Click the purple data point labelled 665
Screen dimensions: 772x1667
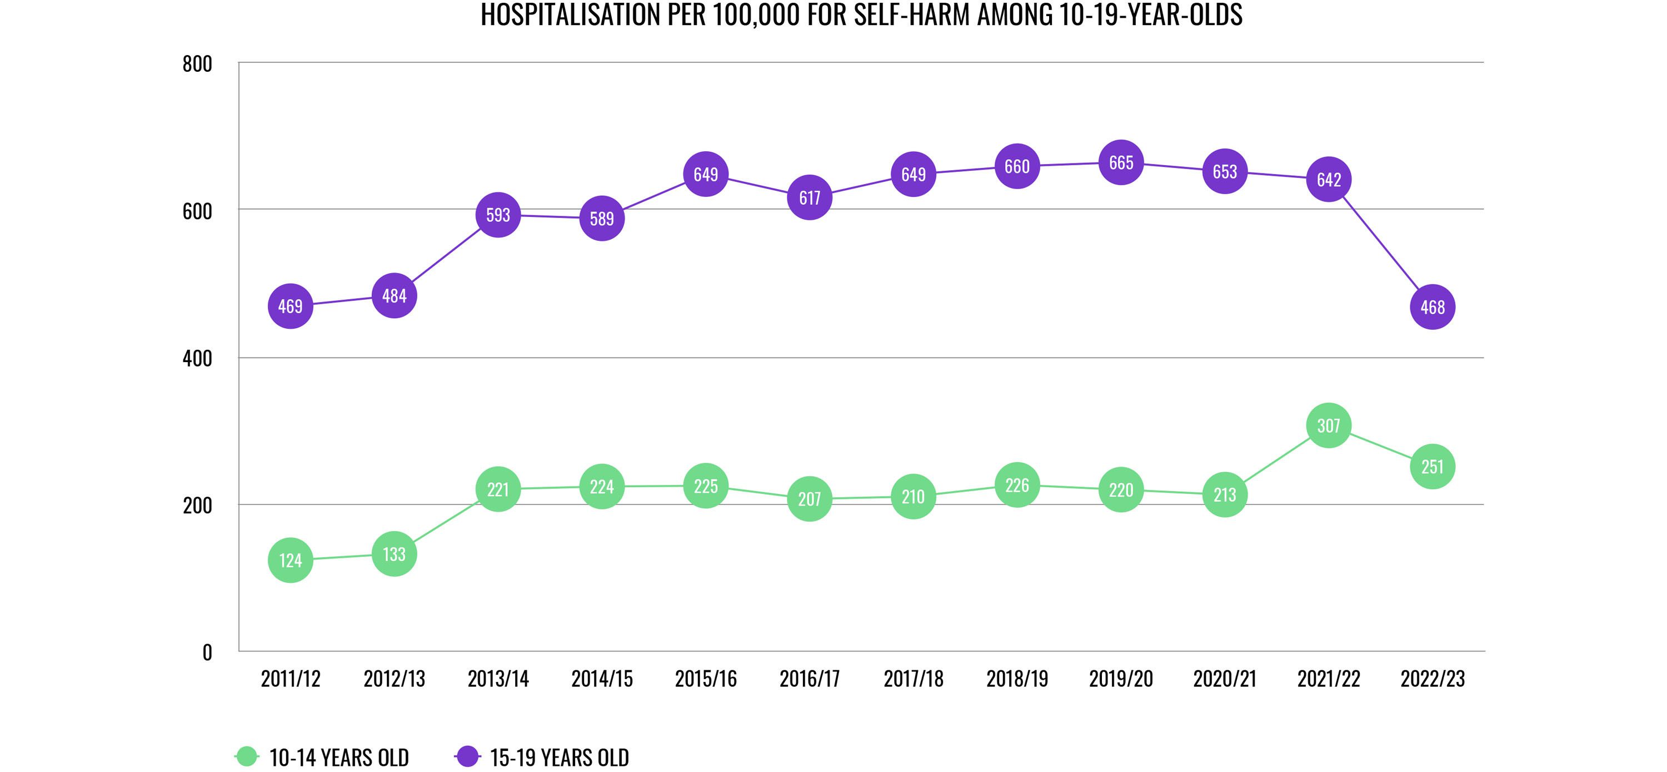click(1121, 162)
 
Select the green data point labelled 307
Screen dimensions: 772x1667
click(1329, 425)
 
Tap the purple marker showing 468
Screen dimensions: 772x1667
click(1432, 307)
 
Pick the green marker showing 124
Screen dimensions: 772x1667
click(291, 560)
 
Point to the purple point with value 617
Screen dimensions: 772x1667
click(810, 197)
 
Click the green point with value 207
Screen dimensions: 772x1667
click(810, 499)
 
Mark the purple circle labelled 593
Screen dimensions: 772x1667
click(498, 215)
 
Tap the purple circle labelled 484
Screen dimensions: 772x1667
click(394, 296)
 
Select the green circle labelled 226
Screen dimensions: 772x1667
click(1017, 485)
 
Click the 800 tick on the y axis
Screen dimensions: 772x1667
click(197, 64)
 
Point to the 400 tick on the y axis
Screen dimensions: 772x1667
click(197, 358)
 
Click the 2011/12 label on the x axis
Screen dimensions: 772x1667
click(291, 679)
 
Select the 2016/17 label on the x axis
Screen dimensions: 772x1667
click(810, 679)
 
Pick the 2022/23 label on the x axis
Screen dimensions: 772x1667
click(1432, 679)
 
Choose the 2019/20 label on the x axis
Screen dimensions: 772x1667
click(1121, 679)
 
